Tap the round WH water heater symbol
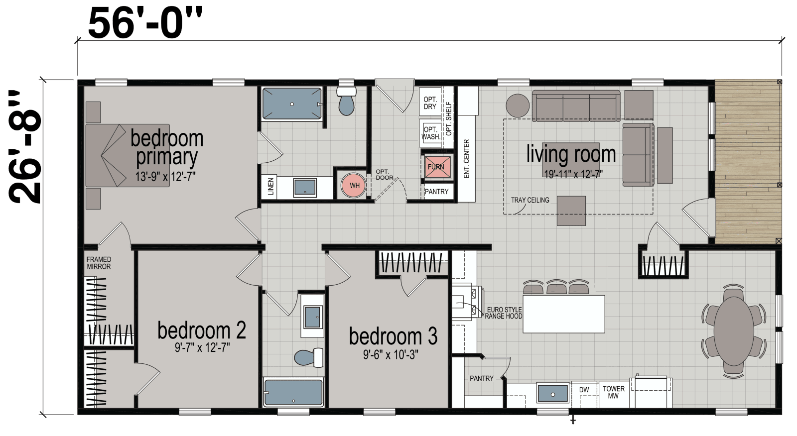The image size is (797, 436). (354, 186)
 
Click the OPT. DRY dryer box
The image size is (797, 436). (429, 103)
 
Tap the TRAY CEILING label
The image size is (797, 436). (530, 200)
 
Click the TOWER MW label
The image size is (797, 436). (613, 392)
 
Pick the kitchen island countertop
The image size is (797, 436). (563, 314)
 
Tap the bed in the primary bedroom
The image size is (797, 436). (128, 155)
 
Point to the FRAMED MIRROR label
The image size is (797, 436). (99, 263)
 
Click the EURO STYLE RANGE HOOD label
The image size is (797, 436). (505, 313)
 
